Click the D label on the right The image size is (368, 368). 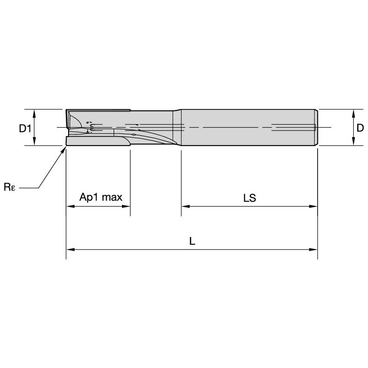pyautogui.click(x=360, y=128)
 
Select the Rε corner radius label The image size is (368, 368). pyautogui.click(x=9, y=187)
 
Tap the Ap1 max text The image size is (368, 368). pyautogui.click(x=101, y=197)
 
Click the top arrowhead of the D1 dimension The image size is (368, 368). pyautogui.click(x=34, y=112)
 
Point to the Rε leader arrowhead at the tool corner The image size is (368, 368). pyautogui.click(x=65, y=148)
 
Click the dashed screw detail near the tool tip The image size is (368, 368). pyautogui.click(x=90, y=128)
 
